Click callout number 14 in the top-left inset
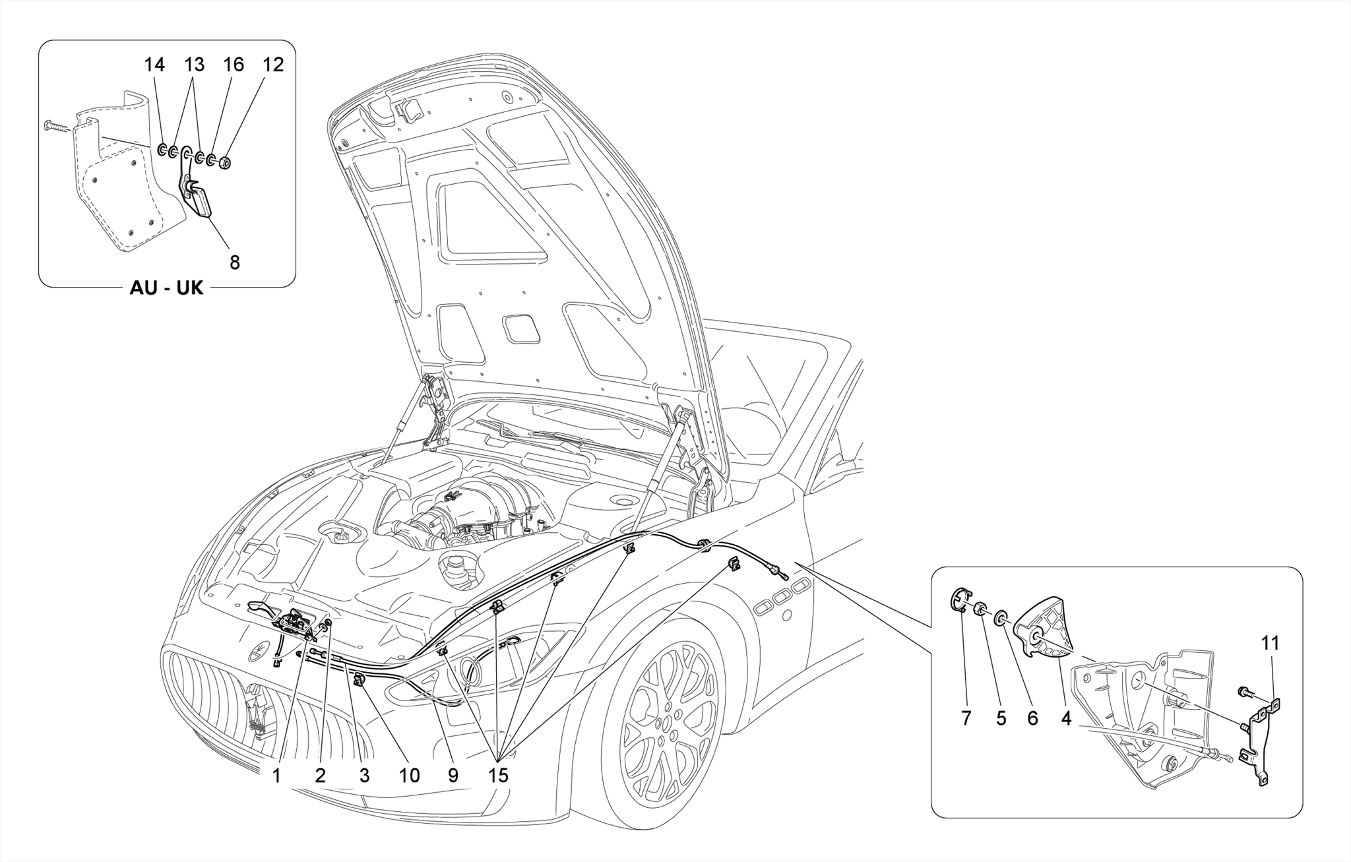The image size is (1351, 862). [154, 65]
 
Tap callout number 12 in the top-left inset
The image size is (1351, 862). [273, 65]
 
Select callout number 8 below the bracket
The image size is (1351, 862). [235, 262]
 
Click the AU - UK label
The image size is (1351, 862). [166, 288]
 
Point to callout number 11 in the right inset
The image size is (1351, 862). [1270, 643]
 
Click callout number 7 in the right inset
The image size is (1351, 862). [966, 718]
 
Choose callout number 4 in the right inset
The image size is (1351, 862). [1067, 718]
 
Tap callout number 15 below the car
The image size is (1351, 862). [499, 776]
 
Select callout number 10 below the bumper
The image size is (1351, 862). [409, 776]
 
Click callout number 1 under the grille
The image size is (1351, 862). [277, 776]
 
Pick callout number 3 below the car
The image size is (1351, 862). [364, 776]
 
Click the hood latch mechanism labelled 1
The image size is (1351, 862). [296, 623]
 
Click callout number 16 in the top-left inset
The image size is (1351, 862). [234, 65]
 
